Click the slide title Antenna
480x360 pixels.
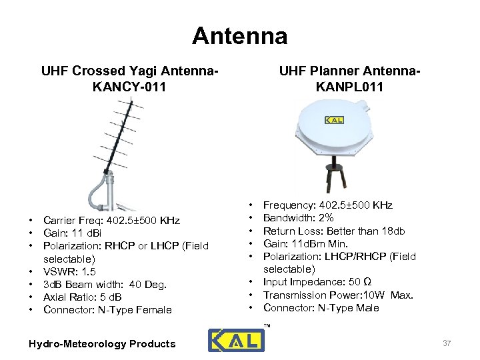click(x=239, y=35)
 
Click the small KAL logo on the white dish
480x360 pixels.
click(x=335, y=120)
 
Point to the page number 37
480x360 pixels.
click(x=447, y=343)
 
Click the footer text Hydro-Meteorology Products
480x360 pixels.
click(x=102, y=344)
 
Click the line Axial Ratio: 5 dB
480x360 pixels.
click(x=82, y=297)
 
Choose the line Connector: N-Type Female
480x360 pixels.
click(x=107, y=309)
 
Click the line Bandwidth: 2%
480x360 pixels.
click(x=298, y=218)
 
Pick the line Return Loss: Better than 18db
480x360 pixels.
click(x=334, y=231)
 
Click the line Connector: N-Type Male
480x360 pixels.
click(x=321, y=307)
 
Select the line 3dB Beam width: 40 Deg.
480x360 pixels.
click(x=105, y=284)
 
